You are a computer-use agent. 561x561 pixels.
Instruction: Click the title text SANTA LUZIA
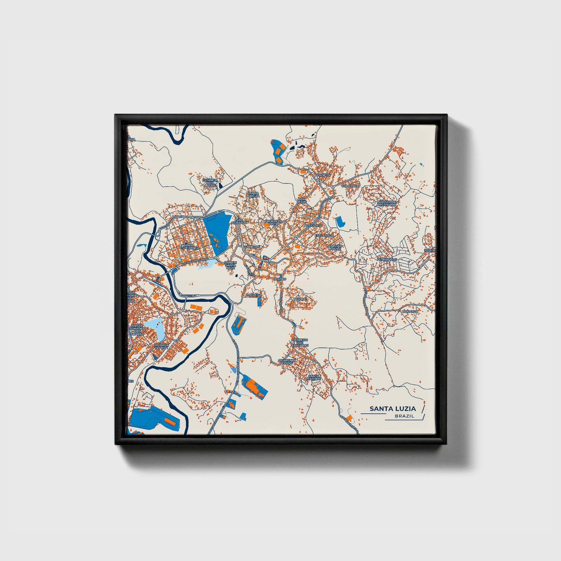(x=392, y=408)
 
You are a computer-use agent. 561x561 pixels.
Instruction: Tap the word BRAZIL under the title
(x=404, y=416)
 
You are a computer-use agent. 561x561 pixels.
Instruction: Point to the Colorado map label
(x=350, y=186)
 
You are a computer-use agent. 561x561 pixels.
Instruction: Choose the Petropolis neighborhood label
(x=387, y=259)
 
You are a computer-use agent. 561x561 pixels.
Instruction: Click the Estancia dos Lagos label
(x=210, y=183)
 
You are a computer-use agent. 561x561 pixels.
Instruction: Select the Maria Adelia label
(x=254, y=194)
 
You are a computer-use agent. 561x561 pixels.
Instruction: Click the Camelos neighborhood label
(x=252, y=247)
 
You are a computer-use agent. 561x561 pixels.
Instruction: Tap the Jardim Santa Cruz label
(x=230, y=265)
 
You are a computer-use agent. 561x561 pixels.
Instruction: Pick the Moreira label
(x=254, y=295)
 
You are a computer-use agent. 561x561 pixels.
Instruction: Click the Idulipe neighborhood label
(x=300, y=299)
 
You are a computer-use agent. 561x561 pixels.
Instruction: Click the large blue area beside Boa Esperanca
(x=217, y=233)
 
